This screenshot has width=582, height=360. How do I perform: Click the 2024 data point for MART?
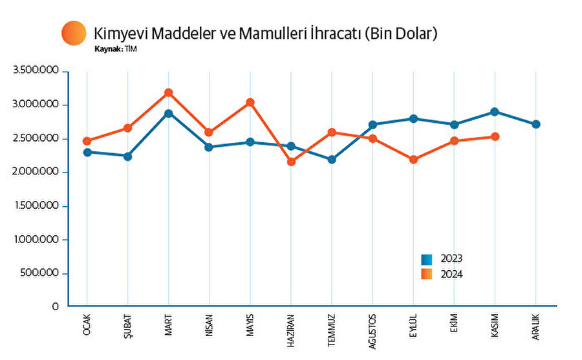tap(168, 93)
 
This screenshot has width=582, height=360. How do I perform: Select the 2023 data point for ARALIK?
tap(536, 124)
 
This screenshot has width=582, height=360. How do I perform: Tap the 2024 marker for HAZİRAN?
tap(291, 162)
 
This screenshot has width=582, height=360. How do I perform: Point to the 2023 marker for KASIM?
tap(495, 112)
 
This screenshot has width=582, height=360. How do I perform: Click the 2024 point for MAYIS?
tap(250, 102)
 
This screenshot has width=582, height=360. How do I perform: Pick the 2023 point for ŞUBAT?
tap(127, 156)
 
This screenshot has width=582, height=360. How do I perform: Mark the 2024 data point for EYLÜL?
tap(413, 160)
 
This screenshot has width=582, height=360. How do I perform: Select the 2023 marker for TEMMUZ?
tap(332, 159)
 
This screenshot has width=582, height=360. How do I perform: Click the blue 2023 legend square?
tap(427, 259)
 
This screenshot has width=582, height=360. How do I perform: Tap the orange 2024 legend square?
tap(427, 274)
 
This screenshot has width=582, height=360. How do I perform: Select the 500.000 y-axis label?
tap(44, 273)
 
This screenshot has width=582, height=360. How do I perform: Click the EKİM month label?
tap(455, 323)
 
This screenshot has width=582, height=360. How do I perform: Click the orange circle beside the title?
tap(74, 33)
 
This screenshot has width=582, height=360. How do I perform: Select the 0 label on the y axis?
tap(56, 307)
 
